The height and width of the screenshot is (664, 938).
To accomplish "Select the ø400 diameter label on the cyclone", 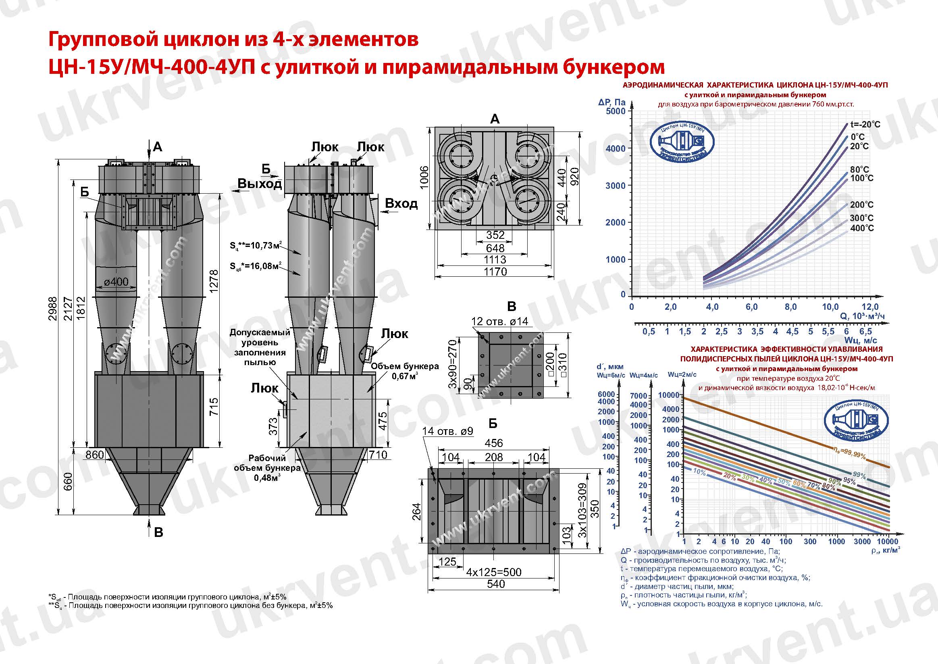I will click(116, 281).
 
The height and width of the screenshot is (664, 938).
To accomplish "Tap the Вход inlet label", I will click(401, 203).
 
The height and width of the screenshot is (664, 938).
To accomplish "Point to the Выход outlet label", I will click(260, 184).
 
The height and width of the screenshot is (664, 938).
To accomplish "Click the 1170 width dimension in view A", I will click(495, 271).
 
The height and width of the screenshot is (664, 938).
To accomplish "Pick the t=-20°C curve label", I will click(865, 124).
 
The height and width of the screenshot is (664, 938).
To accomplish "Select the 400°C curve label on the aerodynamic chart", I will click(861, 228).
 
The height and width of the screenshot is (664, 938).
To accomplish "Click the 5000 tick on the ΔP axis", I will click(615, 111).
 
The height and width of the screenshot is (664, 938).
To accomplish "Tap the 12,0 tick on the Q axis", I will click(870, 307).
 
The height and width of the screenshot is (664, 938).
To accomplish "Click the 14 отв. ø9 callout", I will click(447, 431).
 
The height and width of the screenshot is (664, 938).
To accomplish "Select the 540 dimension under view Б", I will click(495, 584).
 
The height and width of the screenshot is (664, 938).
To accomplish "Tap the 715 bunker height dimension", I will click(213, 407).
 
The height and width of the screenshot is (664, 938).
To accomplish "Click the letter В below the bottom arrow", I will click(158, 532).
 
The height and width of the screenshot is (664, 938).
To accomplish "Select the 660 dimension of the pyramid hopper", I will click(68, 481).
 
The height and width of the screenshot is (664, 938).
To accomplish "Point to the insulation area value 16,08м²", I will click(256, 266).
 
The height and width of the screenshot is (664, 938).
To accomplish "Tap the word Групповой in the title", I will click(104, 40).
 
